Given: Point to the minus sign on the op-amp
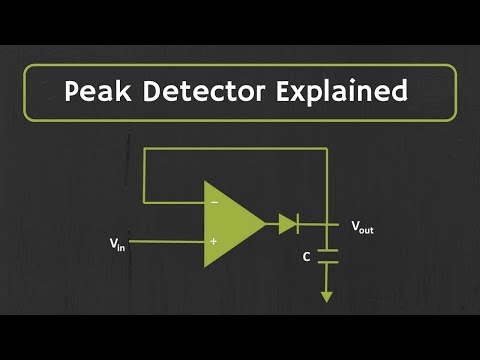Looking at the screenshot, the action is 213,203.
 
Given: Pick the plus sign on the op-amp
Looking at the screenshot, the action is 213,241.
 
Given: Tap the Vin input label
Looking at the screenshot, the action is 118,242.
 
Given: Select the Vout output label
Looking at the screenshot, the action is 362,228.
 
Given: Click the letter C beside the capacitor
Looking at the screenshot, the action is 307,257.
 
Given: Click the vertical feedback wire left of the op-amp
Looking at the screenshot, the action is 145,176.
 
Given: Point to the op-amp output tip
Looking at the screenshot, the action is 265,222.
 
